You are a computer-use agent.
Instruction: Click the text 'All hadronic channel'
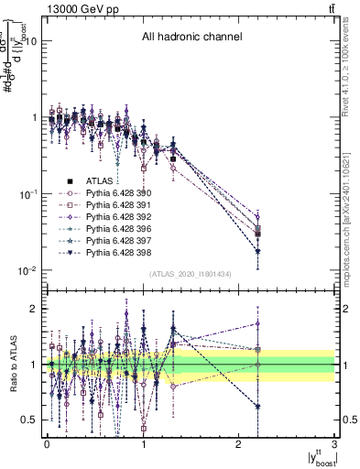click(x=191, y=38)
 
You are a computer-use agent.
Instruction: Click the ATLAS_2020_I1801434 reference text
click(x=191, y=275)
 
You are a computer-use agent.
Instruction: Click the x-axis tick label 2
click(x=239, y=444)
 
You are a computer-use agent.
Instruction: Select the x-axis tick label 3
click(x=335, y=444)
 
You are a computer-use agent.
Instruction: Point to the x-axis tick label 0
click(x=47, y=444)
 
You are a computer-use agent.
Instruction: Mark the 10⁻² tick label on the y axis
click(x=27, y=271)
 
